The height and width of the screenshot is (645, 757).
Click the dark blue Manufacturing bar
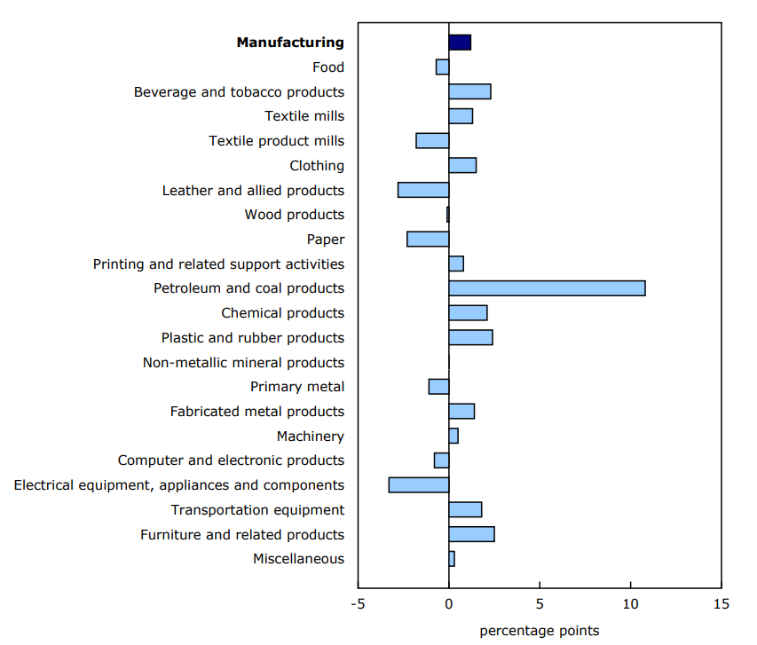pos(460,42)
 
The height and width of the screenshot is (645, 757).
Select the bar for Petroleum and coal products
pos(547,288)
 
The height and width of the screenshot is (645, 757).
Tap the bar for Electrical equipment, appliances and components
pos(419,484)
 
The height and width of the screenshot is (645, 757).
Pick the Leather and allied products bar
pos(423,190)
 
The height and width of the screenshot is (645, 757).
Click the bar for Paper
pos(428,239)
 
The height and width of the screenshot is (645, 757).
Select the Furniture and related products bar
pos(471,534)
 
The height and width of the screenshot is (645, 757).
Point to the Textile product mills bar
pos(432,140)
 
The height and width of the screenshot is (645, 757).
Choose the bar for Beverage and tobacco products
pos(469,91)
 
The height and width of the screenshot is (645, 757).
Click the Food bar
pos(442,67)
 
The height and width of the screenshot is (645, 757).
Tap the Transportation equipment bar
pos(465,509)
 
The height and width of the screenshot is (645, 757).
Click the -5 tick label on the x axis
pos(358,604)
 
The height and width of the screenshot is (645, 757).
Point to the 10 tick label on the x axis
pos(630,604)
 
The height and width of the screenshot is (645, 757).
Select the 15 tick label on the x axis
pos(721,604)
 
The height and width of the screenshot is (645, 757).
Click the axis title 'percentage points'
pos(539,631)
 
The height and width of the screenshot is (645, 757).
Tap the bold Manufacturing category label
pos(290,42)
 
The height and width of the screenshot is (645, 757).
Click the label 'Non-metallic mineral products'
pos(243,362)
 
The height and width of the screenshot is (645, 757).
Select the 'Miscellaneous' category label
pos(298,558)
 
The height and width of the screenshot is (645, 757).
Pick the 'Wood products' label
pos(294,214)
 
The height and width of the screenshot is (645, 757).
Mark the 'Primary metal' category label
pos(297,386)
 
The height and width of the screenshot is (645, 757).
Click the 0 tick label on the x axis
pos(449,604)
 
